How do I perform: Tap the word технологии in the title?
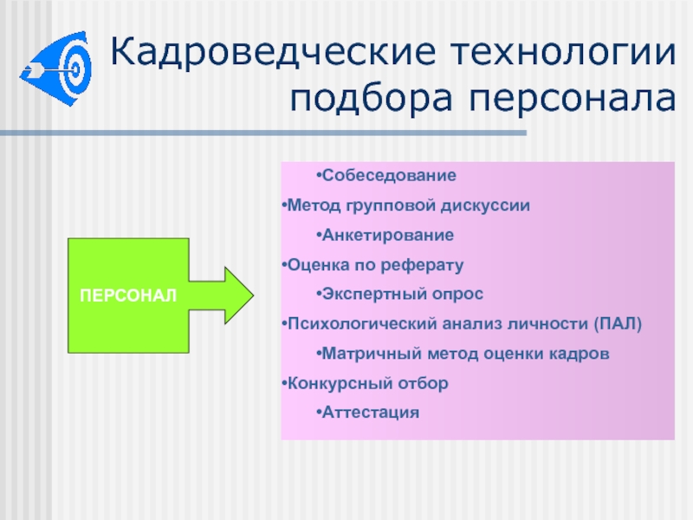point(564,52)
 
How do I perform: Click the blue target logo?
point(56,68)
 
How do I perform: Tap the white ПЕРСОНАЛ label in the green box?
point(128,296)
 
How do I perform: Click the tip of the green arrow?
point(254,296)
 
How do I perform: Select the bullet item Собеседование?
point(386,176)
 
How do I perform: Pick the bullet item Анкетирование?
point(385,235)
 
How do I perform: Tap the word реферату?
point(422,265)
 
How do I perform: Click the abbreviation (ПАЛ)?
point(618,324)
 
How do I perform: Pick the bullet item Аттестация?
point(368,413)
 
